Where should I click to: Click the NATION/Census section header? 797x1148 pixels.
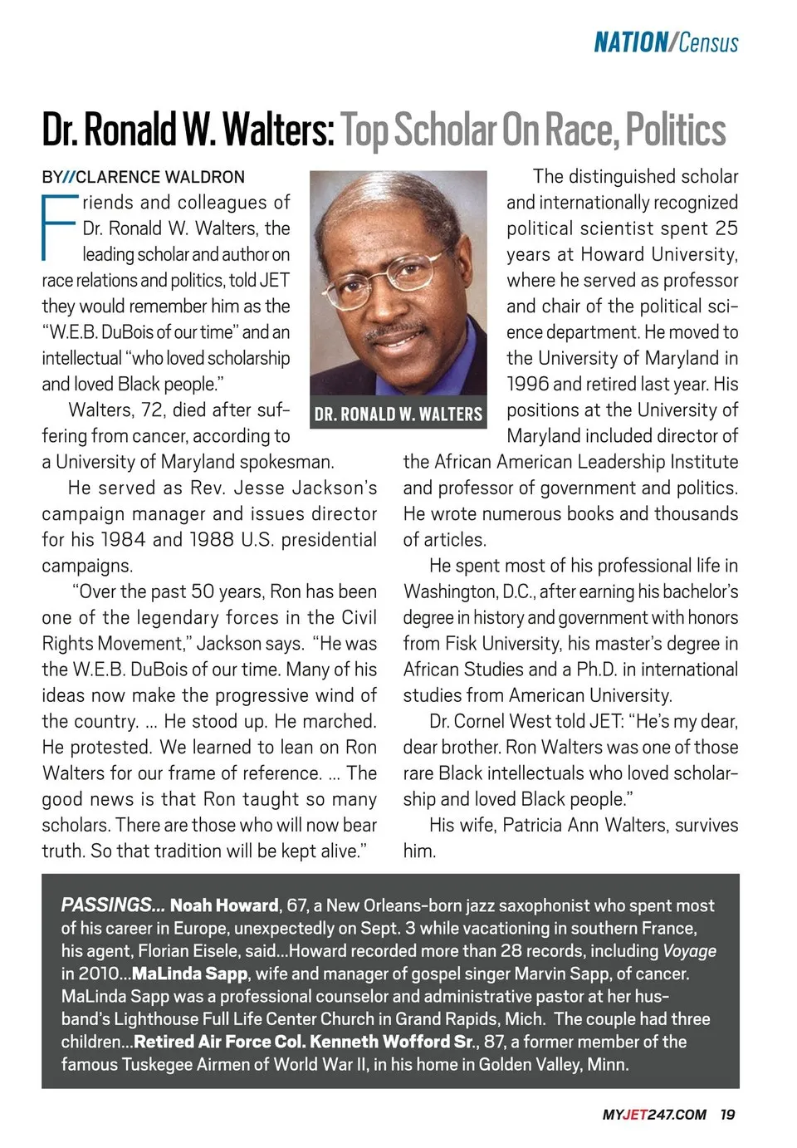click(x=666, y=42)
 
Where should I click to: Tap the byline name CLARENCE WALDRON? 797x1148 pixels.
click(x=160, y=177)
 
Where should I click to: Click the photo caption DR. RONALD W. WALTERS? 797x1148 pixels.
click(x=398, y=414)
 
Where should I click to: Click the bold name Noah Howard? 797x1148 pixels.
click(x=224, y=905)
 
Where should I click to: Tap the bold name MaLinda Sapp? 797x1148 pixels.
click(x=189, y=974)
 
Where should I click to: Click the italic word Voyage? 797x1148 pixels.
click(x=689, y=951)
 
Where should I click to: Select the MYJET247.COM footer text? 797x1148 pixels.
click(x=654, y=1115)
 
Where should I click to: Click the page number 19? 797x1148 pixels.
click(x=728, y=1115)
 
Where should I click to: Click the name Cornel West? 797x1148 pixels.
click(x=501, y=722)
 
